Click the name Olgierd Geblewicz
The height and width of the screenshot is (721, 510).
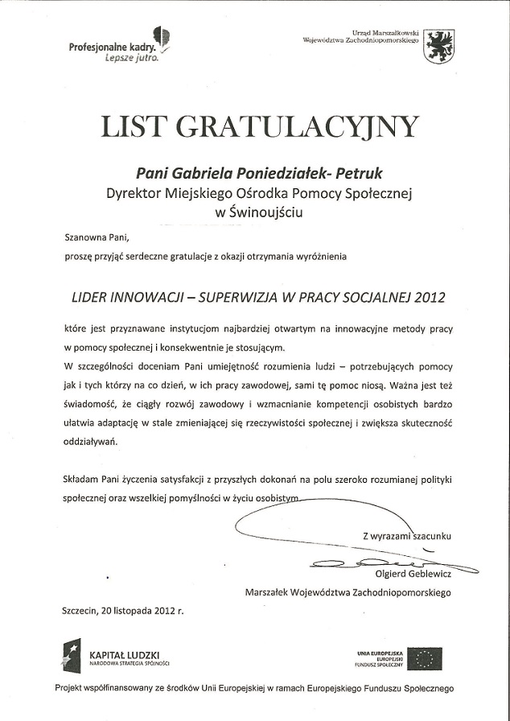413,574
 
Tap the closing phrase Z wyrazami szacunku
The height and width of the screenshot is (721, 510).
406,534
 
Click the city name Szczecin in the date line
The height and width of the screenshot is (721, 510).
80,611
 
